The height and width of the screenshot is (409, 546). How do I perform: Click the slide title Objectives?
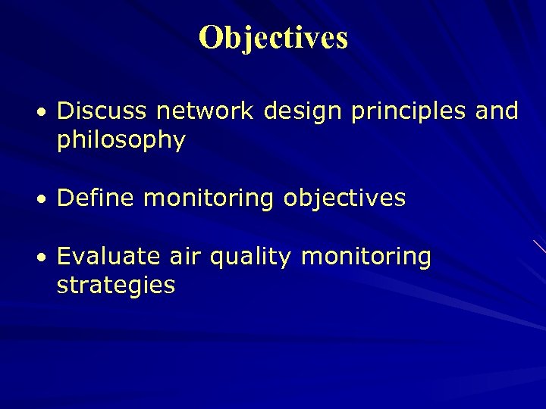(273, 37)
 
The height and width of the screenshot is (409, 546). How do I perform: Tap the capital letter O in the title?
(210, 37)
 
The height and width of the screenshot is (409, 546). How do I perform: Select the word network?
(205, 111)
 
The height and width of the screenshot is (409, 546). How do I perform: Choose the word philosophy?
(121, 141)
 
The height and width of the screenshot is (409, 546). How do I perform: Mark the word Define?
(96, 198)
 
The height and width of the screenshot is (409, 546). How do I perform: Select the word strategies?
(116, 286)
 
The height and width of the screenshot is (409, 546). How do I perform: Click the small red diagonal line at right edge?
(538, 245)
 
